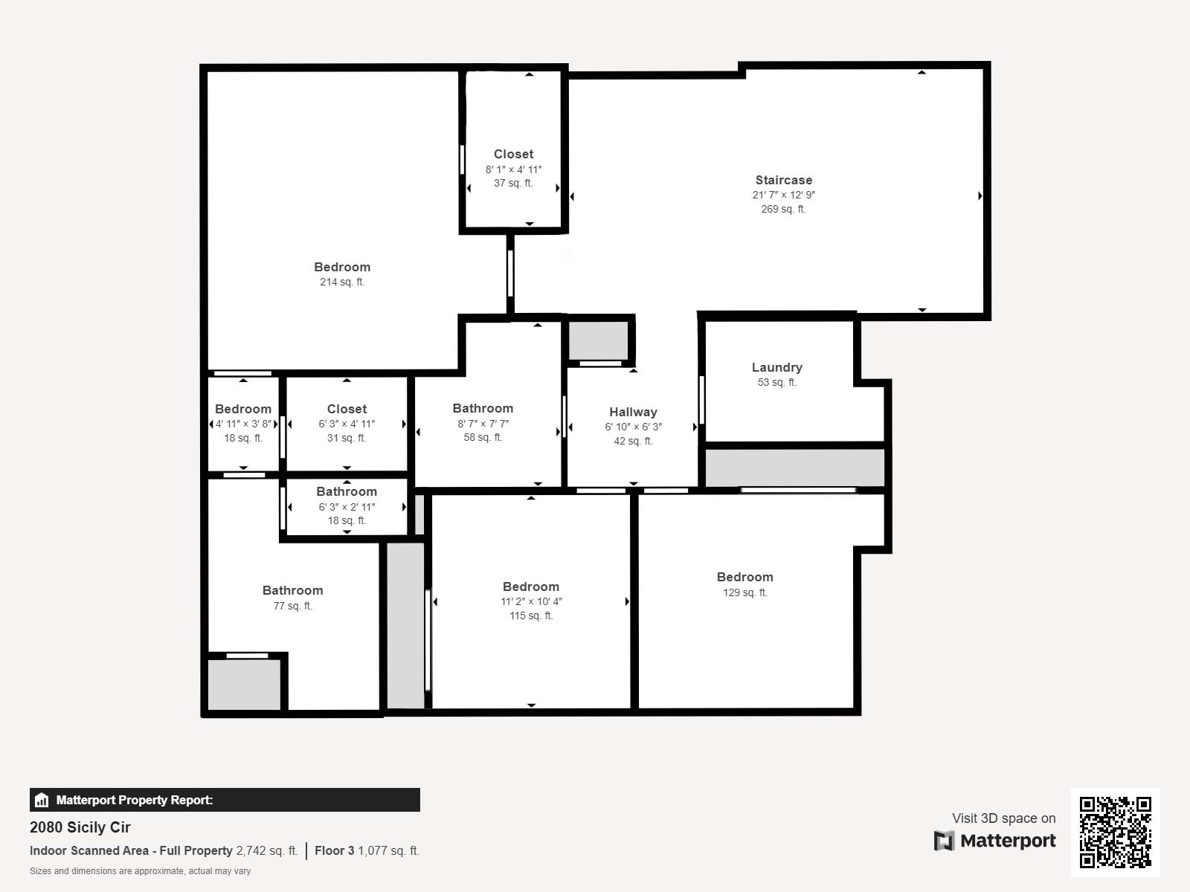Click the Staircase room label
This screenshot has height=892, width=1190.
coord(783,180)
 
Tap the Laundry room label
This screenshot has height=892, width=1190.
coord(777,367)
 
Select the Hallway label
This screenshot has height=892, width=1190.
coord(633,412)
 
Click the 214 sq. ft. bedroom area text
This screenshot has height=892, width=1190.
coord(342,282)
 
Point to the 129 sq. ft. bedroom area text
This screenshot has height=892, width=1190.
coord(745,592)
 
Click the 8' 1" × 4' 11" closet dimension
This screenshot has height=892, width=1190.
coord(513,169)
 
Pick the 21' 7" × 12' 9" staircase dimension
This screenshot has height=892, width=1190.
coord(783,195)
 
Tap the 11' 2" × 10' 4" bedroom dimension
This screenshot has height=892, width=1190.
coord(531,601)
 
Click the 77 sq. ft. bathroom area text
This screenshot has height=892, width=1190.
coord(293,606)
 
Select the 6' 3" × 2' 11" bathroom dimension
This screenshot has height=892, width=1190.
coord(347,507)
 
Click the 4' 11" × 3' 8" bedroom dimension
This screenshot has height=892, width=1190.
coord(243,424)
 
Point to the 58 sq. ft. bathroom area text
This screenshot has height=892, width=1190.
coord(483,437)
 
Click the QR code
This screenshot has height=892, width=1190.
coord(1115,833)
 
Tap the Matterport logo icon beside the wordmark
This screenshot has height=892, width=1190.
coord(944,841)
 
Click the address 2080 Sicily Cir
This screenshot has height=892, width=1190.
coord(80,827)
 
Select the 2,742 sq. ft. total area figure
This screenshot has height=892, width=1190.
coord(266,850)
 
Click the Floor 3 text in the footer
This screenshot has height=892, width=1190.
coord(334,850)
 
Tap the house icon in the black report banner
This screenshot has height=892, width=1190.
coord(42,800)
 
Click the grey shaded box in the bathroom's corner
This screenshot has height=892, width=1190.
coord(245,685)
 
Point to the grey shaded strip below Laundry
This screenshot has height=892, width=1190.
coord(795,468)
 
